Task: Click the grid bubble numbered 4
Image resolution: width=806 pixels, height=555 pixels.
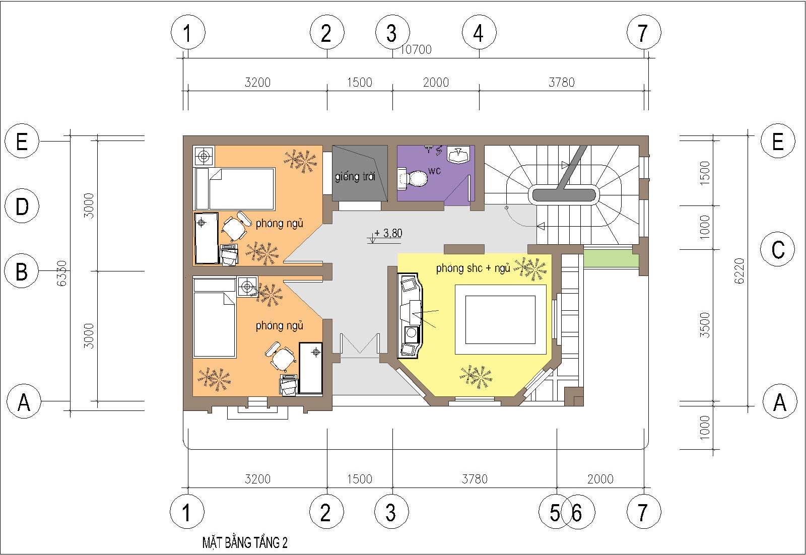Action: click(479, 32)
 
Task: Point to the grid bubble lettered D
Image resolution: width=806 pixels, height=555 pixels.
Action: click(22, 206)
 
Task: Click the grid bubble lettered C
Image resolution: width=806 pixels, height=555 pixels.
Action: click(778, 249)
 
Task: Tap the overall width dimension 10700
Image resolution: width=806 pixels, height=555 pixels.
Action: click(416, 49)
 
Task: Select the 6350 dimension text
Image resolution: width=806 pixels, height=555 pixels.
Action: click(62, 273)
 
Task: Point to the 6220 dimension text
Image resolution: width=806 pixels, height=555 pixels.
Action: click(739, 271)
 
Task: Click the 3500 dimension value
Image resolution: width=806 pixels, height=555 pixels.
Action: click(705, 325)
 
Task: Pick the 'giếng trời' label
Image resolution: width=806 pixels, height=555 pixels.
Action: click(355, 177)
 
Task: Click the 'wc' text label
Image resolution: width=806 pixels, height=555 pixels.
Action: click(434, 171)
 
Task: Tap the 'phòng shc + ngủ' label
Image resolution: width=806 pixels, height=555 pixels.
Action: click(473, 268)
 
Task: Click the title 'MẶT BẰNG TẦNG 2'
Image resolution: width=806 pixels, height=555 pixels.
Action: click(245, 543)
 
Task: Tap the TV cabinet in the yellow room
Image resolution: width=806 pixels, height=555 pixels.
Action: click(410, 316)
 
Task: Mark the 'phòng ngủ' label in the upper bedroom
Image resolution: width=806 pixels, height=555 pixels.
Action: click(279, 224)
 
